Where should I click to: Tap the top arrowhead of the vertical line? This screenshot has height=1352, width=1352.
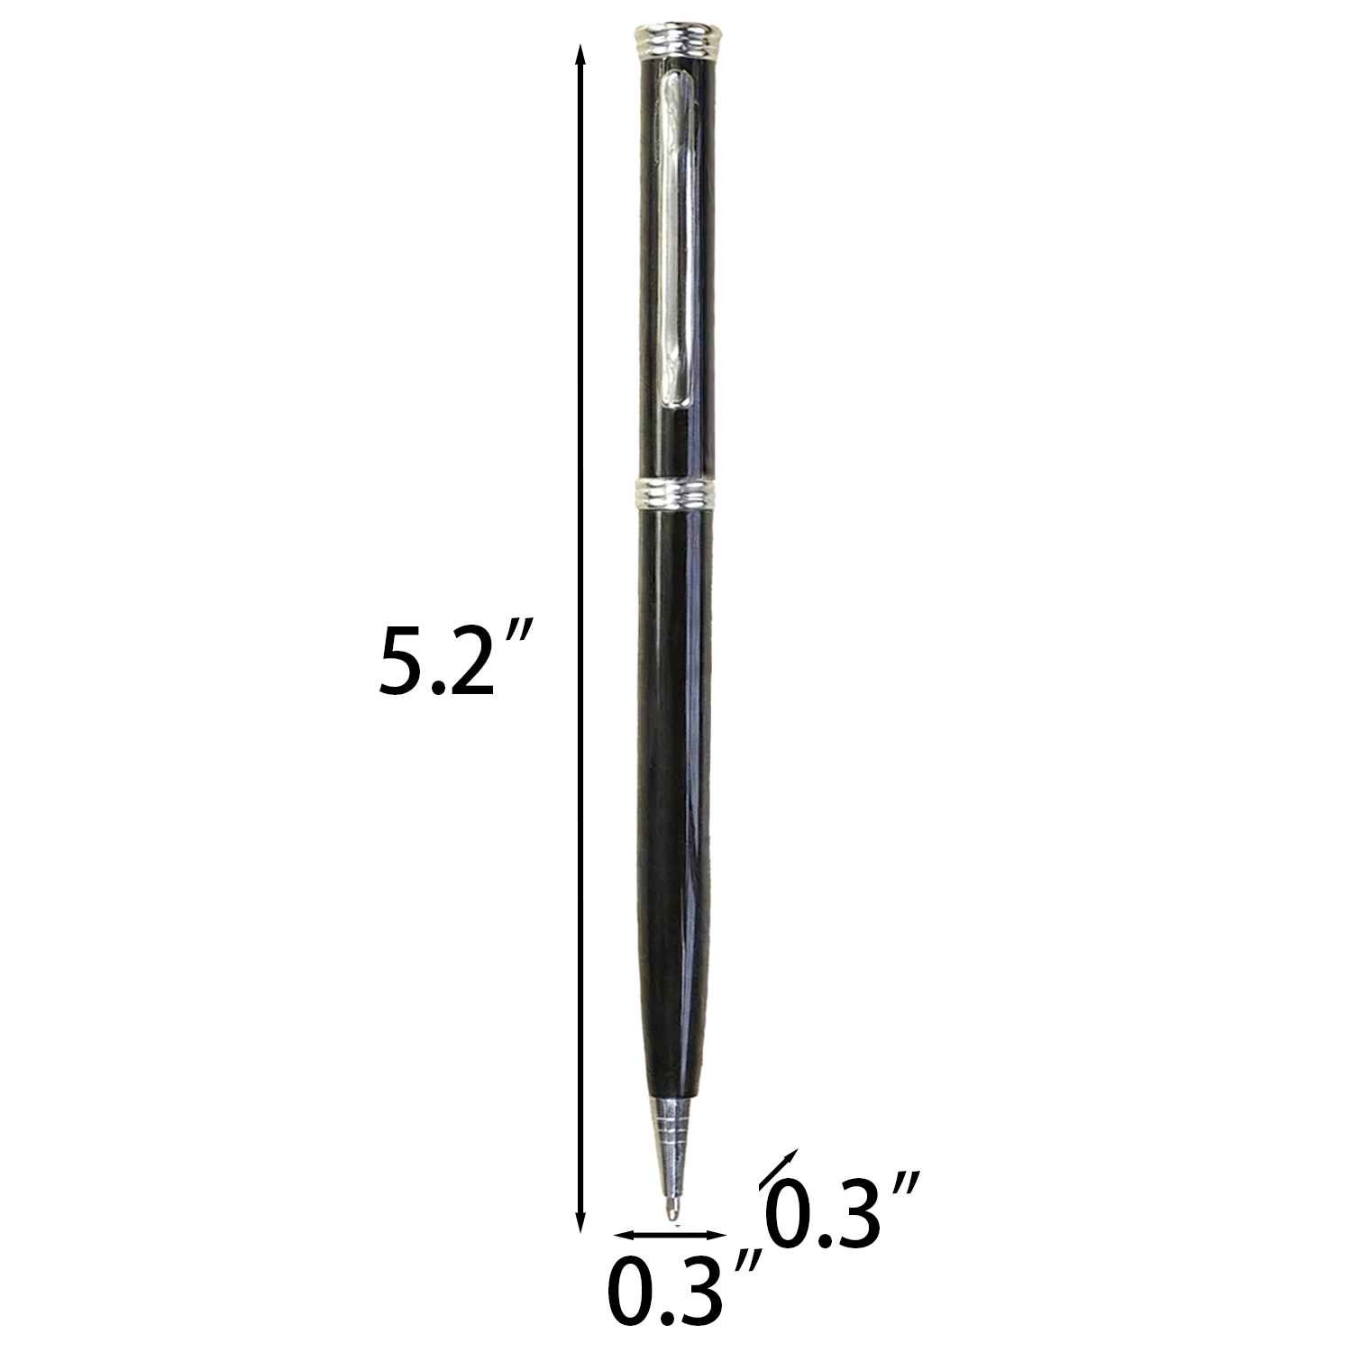581,56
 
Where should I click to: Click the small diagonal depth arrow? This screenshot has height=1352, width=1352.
778,1169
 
